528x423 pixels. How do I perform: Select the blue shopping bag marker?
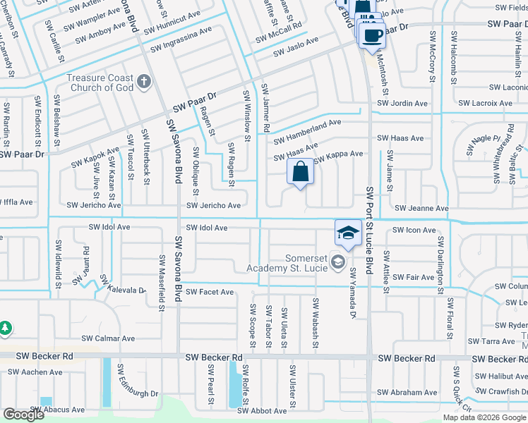click(x=300, y=172)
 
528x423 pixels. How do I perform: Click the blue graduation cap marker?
click(x=348, y=233)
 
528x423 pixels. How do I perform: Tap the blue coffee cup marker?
click(x=373, y=35)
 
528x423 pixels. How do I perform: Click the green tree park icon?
click(x=6, y=329)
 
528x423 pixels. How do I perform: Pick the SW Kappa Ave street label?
click(x=338, y=154)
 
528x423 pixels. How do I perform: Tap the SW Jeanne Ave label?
click(x=421, y=209)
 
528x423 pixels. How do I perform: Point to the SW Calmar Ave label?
click(x=109, y=338)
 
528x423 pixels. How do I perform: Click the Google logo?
click(x=24, y=415)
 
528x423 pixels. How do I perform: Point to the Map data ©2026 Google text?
click(x=484, y=417)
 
